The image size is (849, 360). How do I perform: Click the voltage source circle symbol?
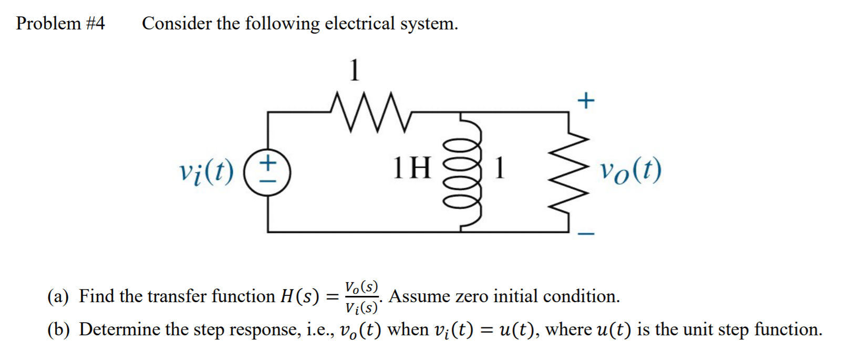pyautogui.click(x=268, y=172)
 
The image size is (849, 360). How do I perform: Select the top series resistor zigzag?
pyautogui.click(x=370, y=111)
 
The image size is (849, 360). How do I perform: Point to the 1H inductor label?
pyautogui.click(x=412, y=168)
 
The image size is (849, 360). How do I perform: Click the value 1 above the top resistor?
pyautogui.click(x=356, y=70)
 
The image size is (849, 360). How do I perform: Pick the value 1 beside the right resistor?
pyautogui.click(x=500, y=168)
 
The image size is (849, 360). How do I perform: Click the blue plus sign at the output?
pyautogui.click(x=586, y=100)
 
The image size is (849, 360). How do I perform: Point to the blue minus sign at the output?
pyautogui.click(x=587, y=234)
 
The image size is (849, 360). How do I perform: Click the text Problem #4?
pyautogui.click(x=60, y=24)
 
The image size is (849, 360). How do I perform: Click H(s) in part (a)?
pyautogui.click(x=299, y=297)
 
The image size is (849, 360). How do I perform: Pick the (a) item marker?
pyautogui.click(x=58, y=297)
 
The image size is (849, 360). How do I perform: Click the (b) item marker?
pyautogui.click(x=58, y=330)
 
